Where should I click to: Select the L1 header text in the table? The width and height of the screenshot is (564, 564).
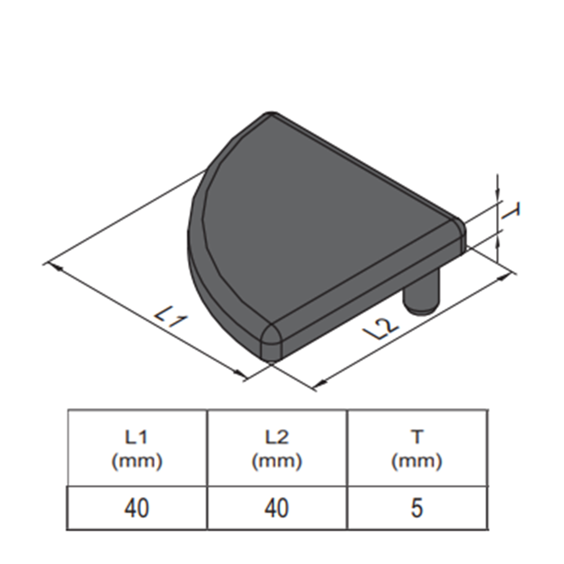point(136,437)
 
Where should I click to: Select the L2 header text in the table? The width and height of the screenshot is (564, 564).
point(277,437)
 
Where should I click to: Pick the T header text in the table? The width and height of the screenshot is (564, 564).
point(416,437)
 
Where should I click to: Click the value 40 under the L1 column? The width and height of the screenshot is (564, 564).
point(136,508)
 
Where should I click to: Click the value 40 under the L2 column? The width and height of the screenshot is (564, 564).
point(277,508)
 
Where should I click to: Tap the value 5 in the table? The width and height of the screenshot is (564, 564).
point(416,508)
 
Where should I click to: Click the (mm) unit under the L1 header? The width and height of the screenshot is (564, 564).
point(136,462)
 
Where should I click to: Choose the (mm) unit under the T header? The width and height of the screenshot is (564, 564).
point(416,462)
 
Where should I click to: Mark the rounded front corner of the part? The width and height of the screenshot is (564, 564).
point(272,341)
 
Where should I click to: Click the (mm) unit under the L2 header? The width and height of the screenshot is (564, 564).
point(277,462)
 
